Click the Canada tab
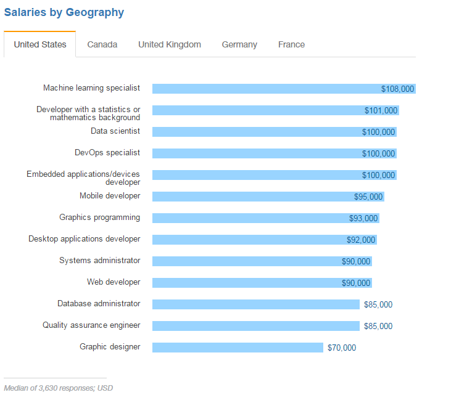[x=102, y=44]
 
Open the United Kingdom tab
[x=170, y=44]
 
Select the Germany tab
[x=239, y=44]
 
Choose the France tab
[x=291, y=44]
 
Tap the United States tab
[x=40, y=44]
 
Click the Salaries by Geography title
[x=64, y=12]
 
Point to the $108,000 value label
[x=397, y=89]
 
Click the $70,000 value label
[x=342, y=348]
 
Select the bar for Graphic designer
[x=238, y=348]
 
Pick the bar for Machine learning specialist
[x=265, y=89]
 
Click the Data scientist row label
[x=115, y=131]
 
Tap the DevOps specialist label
[x=107, y=153]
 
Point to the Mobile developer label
[x=110, y=196]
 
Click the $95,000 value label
[x=368, y=197]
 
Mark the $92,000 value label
[x=360, y=240]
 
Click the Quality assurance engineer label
[x=91, y=325]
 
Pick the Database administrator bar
[x=255, y=304]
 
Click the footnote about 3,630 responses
[x=59, y=388]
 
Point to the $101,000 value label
[x=381, y=111]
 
